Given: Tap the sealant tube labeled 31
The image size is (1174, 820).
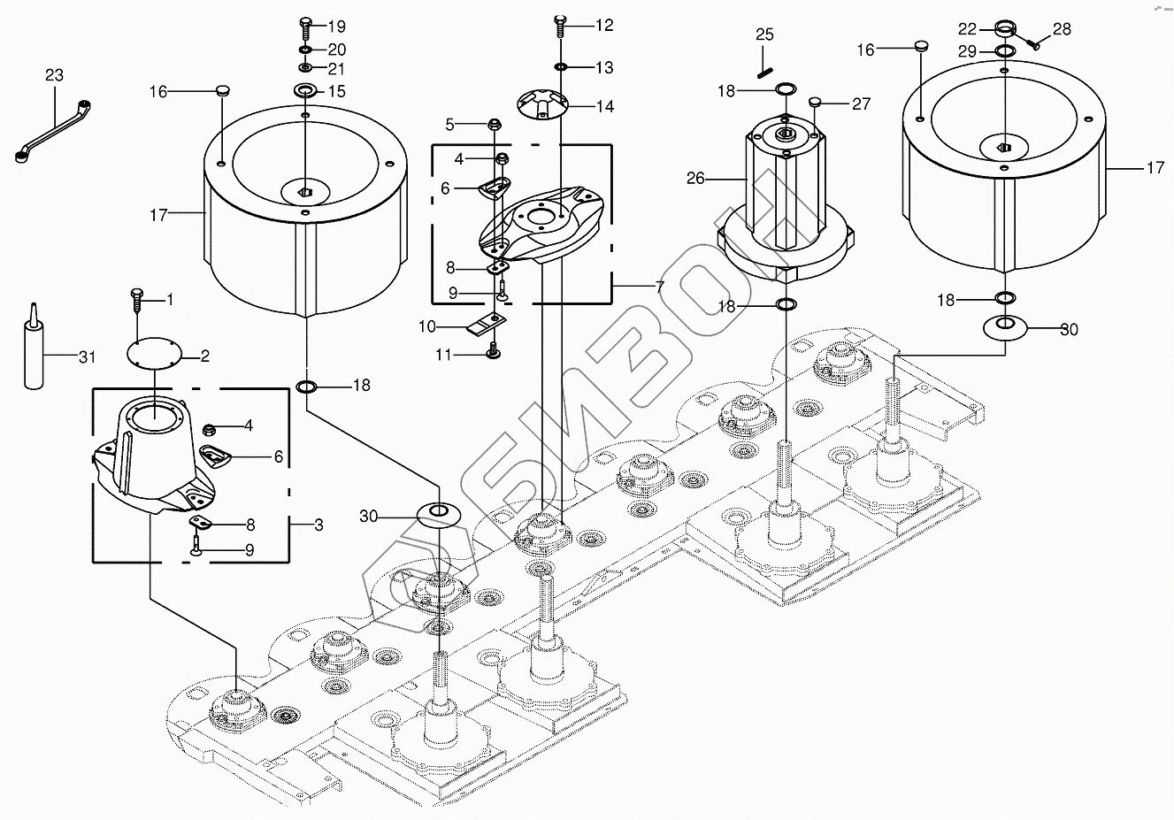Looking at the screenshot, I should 33,352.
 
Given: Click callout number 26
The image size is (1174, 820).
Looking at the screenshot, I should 695,179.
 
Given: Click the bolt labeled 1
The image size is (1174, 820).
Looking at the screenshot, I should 136,299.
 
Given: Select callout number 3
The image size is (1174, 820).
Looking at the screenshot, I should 318,525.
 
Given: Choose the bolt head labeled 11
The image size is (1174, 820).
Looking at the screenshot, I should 494,354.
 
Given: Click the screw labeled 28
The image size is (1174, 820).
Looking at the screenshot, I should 1032,38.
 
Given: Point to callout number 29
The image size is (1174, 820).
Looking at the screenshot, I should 968,52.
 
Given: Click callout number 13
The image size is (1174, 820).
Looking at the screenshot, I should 603,68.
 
